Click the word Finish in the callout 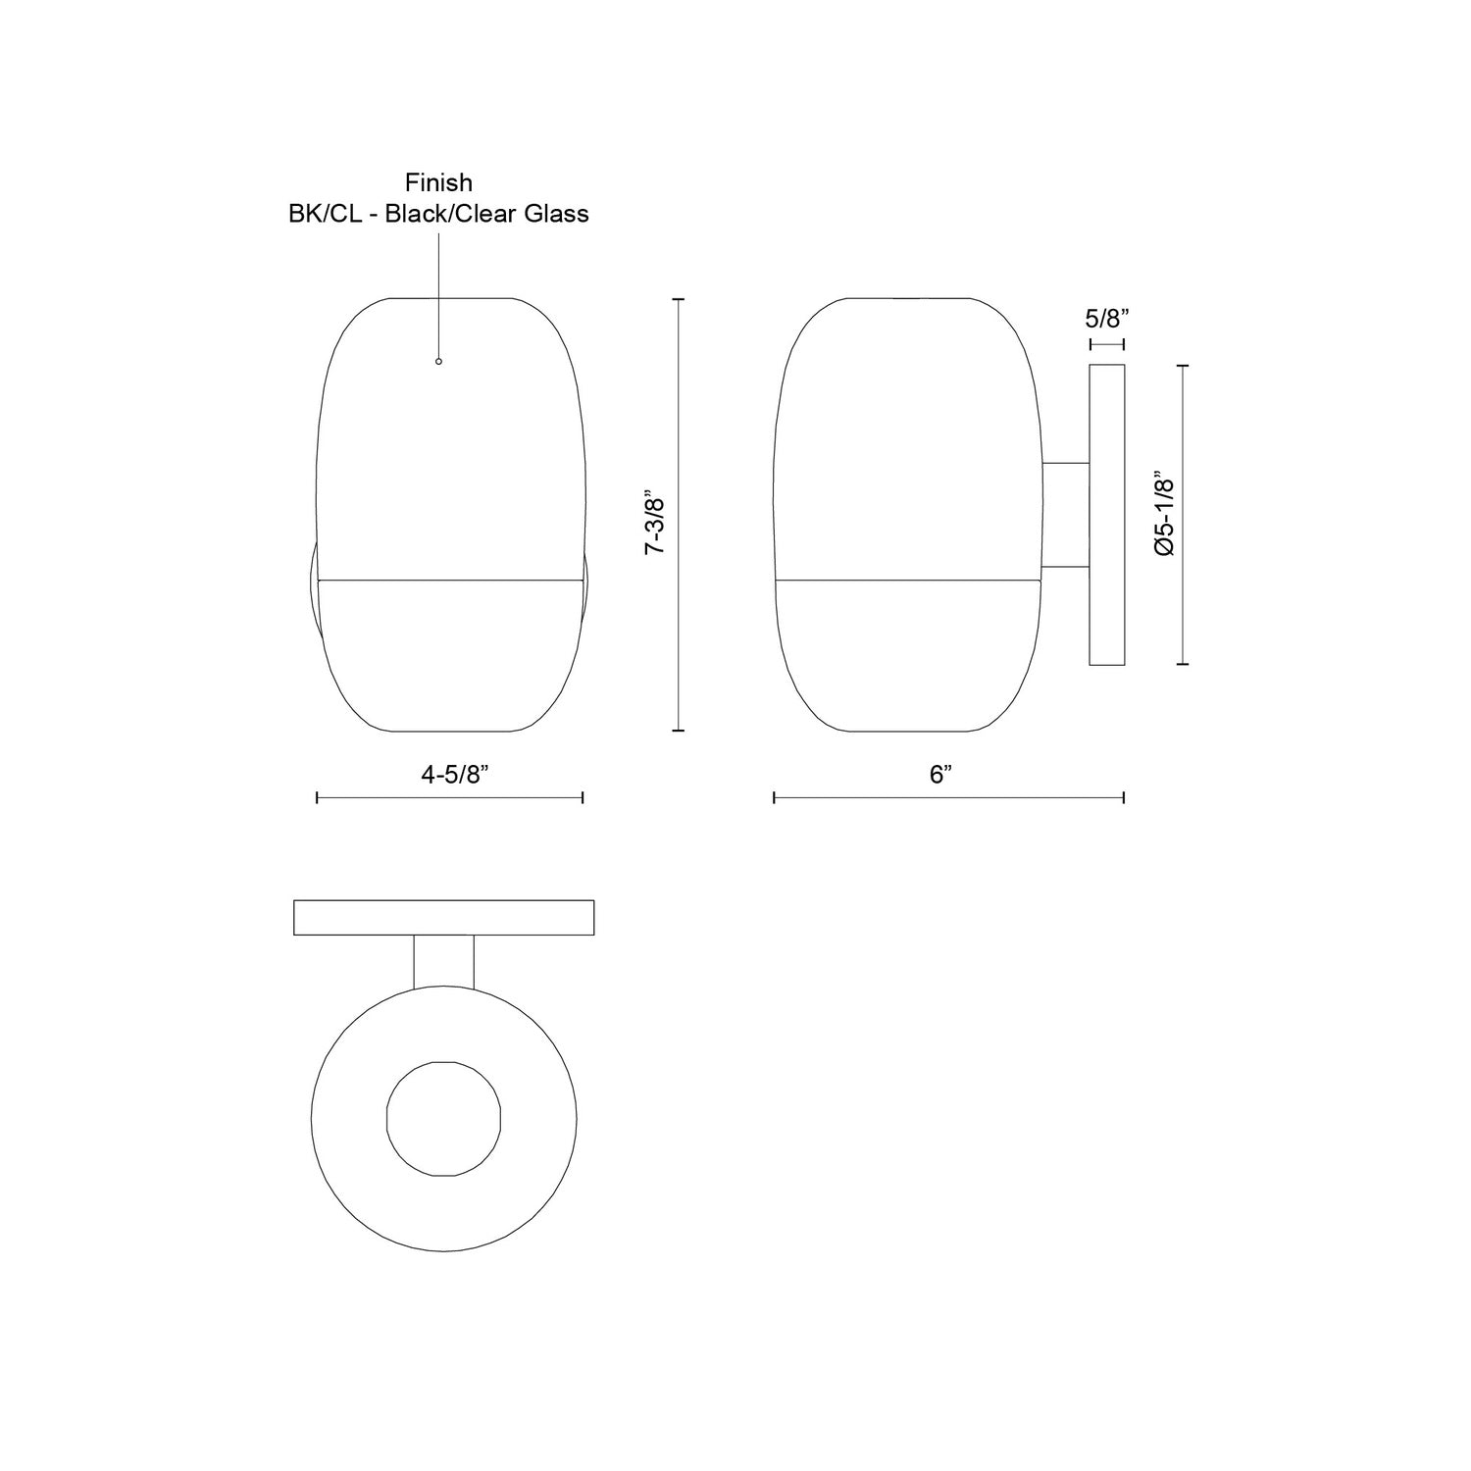click(x=438, y=182)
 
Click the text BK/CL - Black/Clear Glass click(x=438, y=214)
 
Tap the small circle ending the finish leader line click(x=438, y=362)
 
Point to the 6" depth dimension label click(x=941, y=775)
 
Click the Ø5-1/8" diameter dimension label click(x=1164, y=516)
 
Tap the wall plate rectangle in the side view click(x=1107, y=515)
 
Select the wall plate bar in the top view click(x=444, y=917)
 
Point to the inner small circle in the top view click(x=444, y=1118)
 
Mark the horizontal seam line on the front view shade click(x=450, y=579)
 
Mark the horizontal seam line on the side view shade click(x=907, y=579)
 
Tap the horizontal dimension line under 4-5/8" click(x=450, y=798)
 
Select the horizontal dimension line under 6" click(x=948, y=798)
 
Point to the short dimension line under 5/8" click(x=1107, y=344)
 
